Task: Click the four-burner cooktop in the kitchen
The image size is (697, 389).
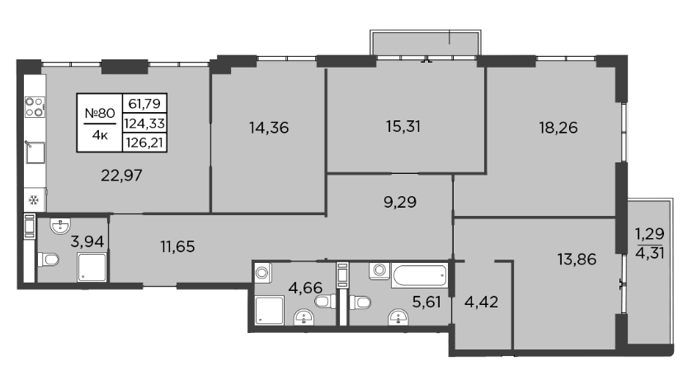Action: tap(35, 107)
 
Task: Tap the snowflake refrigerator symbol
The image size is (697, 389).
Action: tap(33, 200)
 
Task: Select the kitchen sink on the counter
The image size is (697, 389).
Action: tap(35, 152)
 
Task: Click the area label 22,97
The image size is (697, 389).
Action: tap(121, 176)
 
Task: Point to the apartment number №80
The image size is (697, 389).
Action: tap(100, 113)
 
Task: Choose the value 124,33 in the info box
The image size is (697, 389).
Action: tap(144, 123)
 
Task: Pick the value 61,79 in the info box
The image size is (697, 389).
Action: tap(144, 104)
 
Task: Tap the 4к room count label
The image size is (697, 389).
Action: tap(100, 135)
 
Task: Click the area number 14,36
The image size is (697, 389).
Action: tap(269, 128)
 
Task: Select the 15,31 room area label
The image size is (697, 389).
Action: tap(403, 127)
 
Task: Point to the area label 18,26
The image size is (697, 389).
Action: tap(558, 128)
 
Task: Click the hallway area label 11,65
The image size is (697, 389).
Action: tap(178, 246)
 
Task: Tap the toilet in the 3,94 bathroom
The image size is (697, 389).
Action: tap(48, 260)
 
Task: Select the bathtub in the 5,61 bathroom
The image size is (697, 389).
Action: tap(420, 276)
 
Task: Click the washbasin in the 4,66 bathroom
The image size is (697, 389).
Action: tap(304, 316)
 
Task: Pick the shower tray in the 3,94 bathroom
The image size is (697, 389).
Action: tap(92, 267)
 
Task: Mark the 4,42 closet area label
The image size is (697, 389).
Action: tap(482, 302)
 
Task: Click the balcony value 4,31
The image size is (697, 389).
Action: tap(650, 255)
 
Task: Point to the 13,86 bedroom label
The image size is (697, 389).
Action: tap(577, 260)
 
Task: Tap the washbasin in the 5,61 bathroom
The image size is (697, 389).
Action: tap(398, 317)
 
